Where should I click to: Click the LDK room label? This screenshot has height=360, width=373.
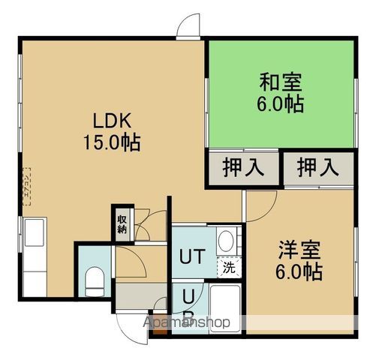[112, 120]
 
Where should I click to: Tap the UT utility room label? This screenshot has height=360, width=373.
[191, 257]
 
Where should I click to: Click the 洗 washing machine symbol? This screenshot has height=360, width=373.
[228, 266]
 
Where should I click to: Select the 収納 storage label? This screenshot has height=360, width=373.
[122, 223]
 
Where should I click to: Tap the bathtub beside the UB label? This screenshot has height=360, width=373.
[224, 308]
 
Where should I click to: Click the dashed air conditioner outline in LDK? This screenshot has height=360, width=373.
[27, 184]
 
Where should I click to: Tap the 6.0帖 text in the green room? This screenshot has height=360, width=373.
[282, 104]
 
